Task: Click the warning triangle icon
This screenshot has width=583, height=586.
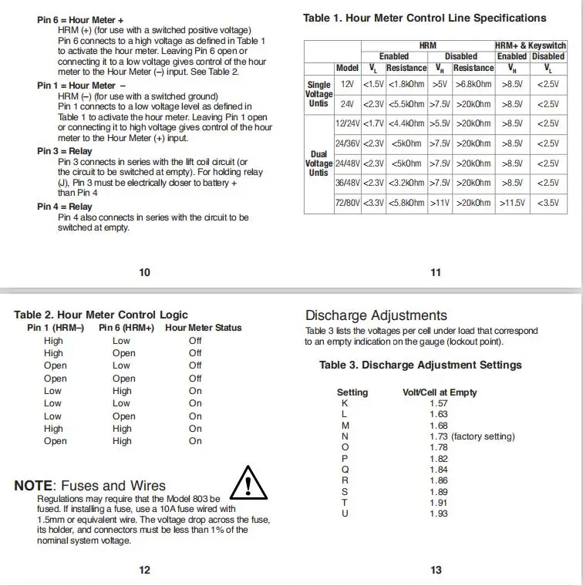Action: point(248,483)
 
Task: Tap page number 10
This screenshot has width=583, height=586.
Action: point(144,271)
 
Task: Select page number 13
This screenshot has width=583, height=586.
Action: point(436,570)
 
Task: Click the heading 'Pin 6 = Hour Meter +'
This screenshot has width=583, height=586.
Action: point(80,19)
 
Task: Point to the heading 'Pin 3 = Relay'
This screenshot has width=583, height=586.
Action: point(64,151)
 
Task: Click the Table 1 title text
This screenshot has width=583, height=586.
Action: point(424,18)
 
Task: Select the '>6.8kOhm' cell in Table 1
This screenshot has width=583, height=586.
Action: point(473,83)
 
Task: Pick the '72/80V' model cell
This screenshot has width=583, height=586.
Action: point(347,203)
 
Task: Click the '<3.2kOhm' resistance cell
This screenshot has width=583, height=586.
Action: point(406,183)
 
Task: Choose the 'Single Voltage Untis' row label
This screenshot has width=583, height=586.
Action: point(318,93)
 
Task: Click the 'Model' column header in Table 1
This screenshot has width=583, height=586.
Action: point(347,68)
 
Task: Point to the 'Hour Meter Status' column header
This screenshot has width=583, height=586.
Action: point(204,328)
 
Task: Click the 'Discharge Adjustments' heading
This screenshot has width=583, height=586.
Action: point(376,315)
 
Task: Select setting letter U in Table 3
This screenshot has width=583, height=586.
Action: point(345,514)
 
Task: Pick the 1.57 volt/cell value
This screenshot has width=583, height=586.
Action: point(438,403)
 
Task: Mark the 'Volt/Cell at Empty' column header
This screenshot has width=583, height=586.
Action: point(440,392)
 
